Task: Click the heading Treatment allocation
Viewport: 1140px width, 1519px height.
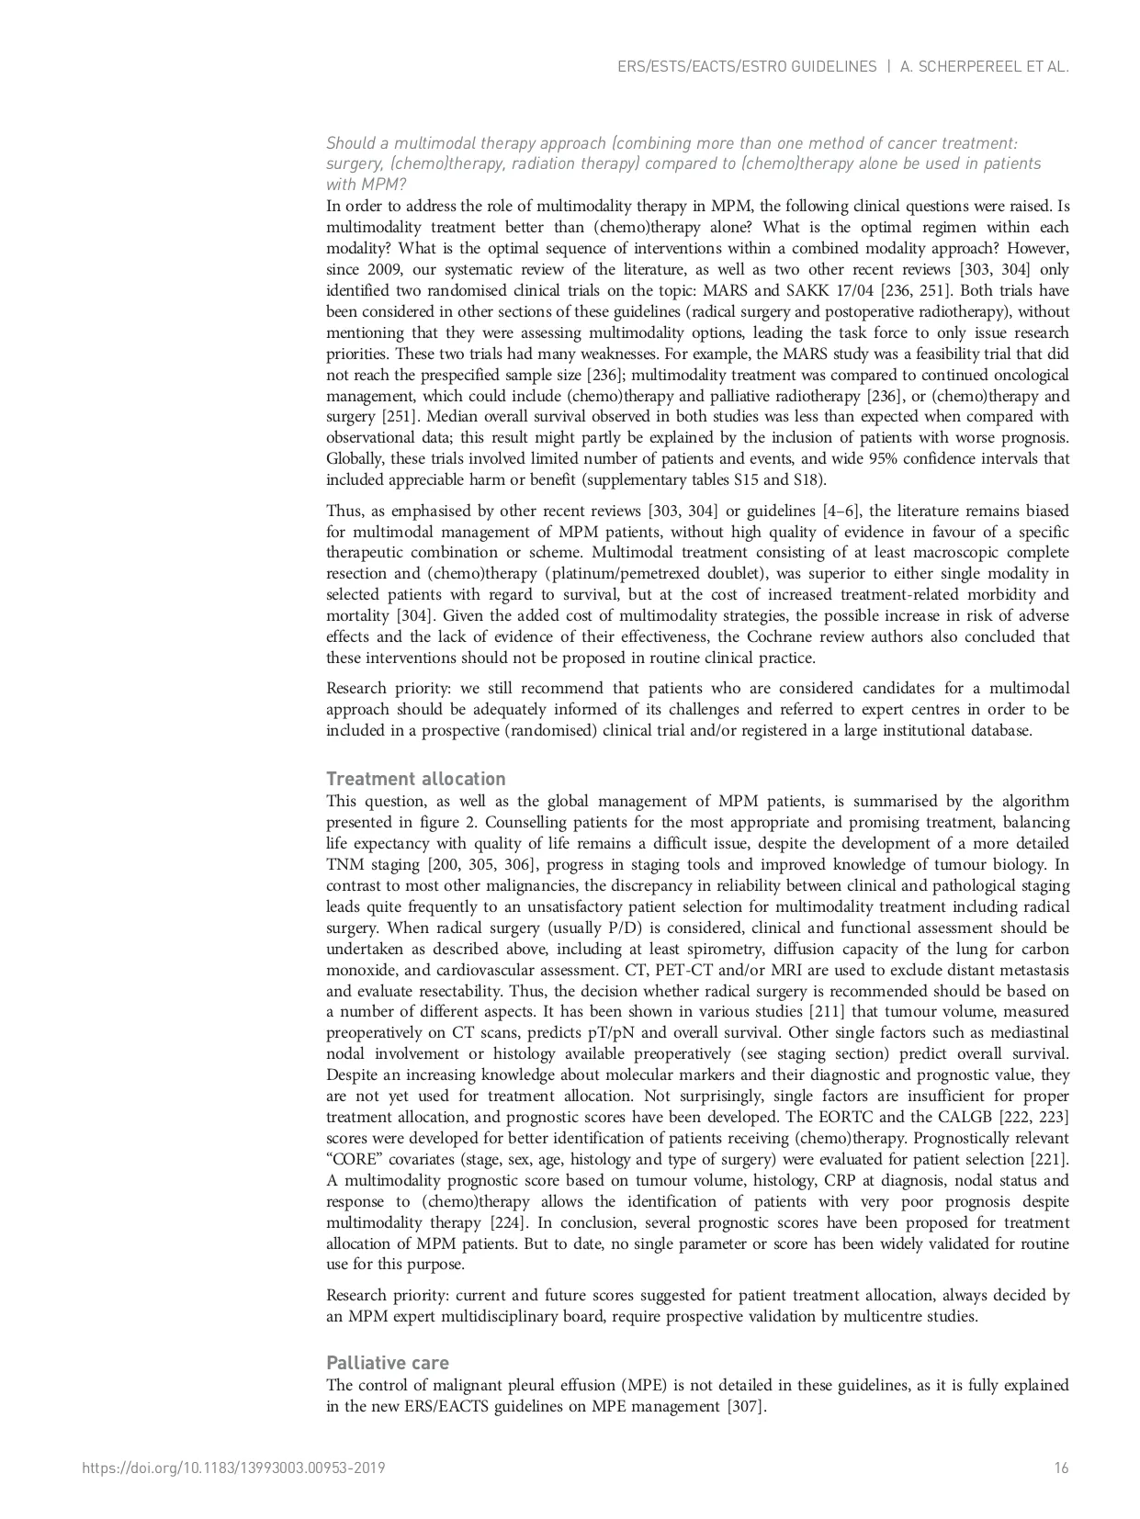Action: click(x=415, y=779)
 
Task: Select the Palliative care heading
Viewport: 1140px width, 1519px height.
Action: click(x=388, y=1363)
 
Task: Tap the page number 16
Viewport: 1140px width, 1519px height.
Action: click(x=1061, y=1468)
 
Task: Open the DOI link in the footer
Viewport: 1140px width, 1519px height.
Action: click(x=233, y=1468)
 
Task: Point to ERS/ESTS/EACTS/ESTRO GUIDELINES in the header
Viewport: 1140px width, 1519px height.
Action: click(x=747, y=66)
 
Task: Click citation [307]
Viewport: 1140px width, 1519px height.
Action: click(x=746, y=1406)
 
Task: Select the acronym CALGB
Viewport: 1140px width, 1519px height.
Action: click(x=997, y=1117)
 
